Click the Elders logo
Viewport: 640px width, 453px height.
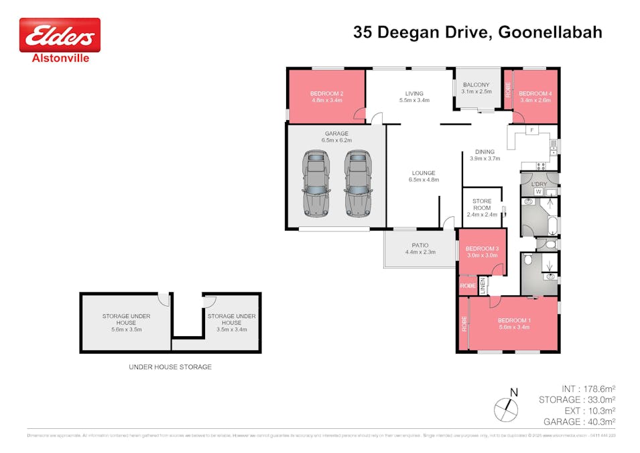(x=60, y=35)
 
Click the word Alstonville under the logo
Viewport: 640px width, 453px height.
(x=60, y=58)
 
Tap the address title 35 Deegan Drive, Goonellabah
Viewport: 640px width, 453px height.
(x=477, y=32)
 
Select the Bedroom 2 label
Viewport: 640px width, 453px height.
(x=326, y=93)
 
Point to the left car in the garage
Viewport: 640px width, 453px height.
(x=316, y=182)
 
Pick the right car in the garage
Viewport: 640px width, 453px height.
(x=357, y=182)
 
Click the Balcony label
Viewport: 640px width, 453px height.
(x=477, y=85)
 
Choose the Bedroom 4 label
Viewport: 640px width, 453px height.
(x=535, y=93)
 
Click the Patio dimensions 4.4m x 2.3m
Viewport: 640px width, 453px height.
(x=420, y=252)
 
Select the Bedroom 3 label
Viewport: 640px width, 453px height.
(x=482, y=248)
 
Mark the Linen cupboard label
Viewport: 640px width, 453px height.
(x=482, y=286)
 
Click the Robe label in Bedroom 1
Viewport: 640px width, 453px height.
(x=463, y=324)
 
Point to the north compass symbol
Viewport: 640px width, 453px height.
(x=507, y=407)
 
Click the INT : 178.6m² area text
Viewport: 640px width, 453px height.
(x=588, y=389)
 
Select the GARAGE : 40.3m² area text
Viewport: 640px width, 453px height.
(x=580, y=421)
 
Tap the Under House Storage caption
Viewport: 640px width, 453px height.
(x=170, y=367)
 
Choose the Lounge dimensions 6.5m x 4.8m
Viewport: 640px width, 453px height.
(x=424, y=180)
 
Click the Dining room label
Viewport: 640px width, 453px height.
(x=485, y=152)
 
